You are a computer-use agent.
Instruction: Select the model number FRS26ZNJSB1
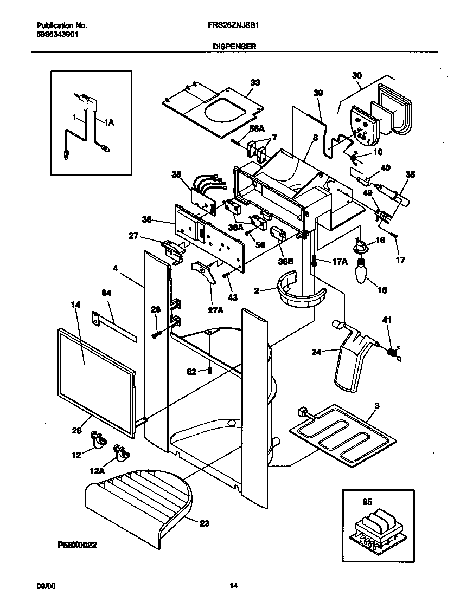(x=231, y=25)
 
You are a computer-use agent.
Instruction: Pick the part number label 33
(x=254, y=82)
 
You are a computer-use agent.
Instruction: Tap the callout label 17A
(x=339, y=261)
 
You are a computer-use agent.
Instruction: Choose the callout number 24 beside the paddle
(x=316, y=352)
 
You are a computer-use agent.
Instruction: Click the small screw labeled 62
(x=209, y=371)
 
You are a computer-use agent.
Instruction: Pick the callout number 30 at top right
(x=356, y=75)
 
